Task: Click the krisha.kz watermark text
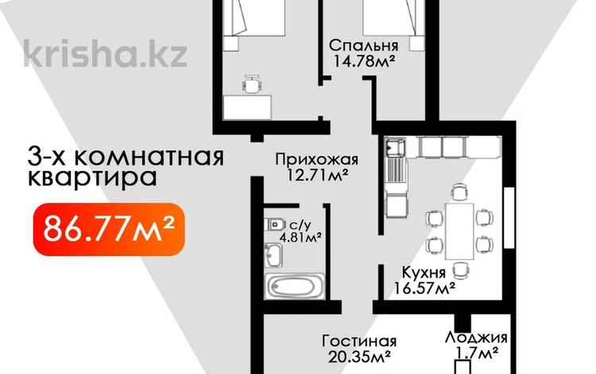105,53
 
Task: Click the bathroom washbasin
273,255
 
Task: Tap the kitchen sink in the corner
395,147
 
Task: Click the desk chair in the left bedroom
251,83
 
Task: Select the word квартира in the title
89,176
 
